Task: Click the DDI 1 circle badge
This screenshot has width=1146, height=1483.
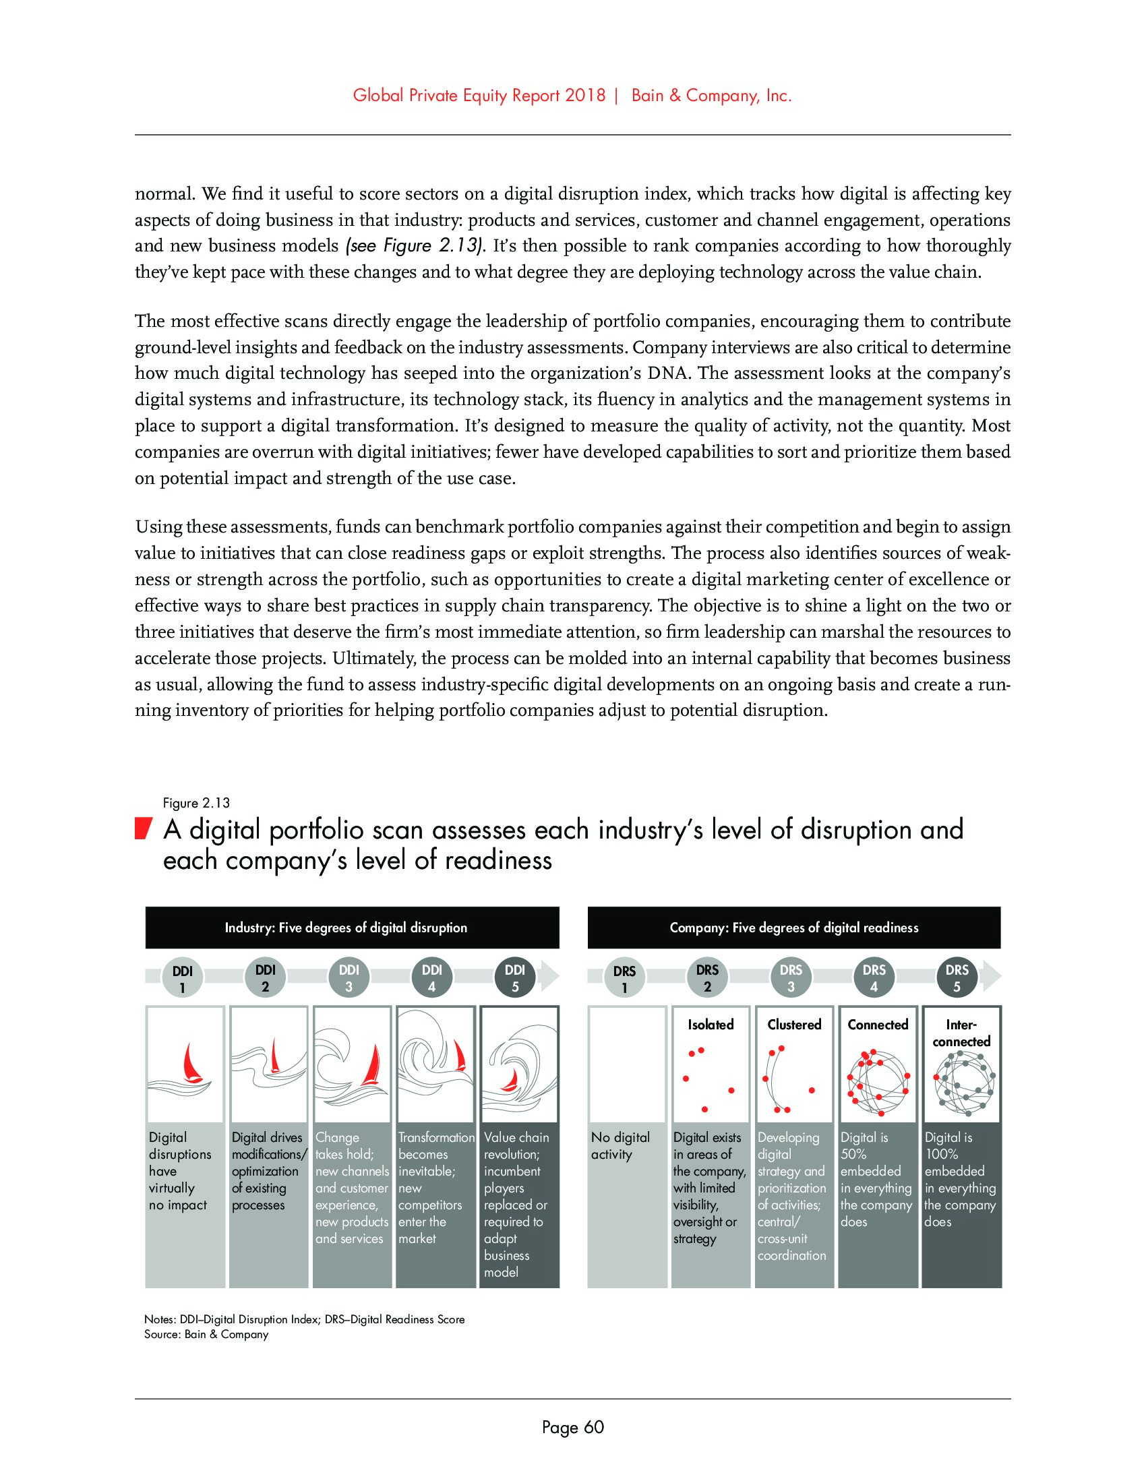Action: [x=181, y=979]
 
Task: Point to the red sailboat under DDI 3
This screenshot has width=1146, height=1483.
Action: [x=371, y=1067]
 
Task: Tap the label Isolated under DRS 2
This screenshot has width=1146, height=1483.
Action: [x=710, y=1025]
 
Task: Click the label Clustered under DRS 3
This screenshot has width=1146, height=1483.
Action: [x=794, y=1025]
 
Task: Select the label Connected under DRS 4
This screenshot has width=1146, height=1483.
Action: [x=877, y=1025]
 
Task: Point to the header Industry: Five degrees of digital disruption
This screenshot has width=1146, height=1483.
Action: [x=346, y=928]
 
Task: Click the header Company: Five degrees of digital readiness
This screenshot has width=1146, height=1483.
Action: [x=793, y=928]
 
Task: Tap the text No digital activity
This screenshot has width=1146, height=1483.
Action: [x=620, y=1145]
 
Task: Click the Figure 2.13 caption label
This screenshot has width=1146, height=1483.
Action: [x=196, y=804]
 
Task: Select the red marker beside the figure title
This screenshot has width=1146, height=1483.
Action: [x=141, y=830]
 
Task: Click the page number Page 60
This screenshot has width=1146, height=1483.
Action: [x=572, y=1427]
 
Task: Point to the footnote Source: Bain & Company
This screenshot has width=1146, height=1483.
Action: [x=206, y=1334]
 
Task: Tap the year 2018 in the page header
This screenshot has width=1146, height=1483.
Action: [x=584, y=96]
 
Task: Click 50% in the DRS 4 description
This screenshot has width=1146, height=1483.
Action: [x=853, y=1154]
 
